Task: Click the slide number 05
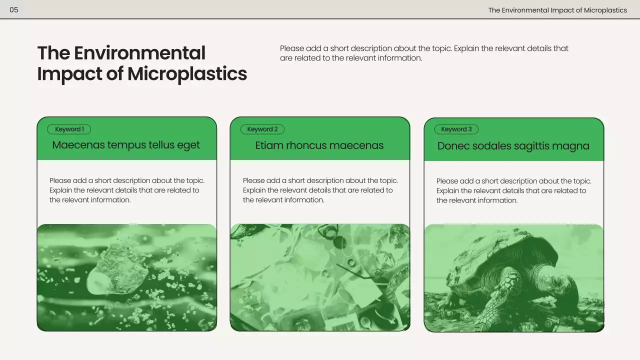coord(14,10)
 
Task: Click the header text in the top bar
coord(557,10)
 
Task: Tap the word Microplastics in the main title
coord(187,73)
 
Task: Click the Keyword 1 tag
coord(69,129)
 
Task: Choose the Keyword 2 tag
coord(262,129)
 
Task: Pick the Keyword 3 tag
coord(456,129)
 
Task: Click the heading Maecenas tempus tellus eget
coord(126,145)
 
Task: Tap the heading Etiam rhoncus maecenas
coord(319,145)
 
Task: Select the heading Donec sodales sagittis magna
coord(513,146)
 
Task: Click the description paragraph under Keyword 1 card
coord(127,190)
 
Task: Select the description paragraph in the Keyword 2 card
coord(320,190)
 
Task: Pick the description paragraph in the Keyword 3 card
coord(514,190)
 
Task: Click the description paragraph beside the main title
coord(424,53)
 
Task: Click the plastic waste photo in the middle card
coord(320,277)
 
